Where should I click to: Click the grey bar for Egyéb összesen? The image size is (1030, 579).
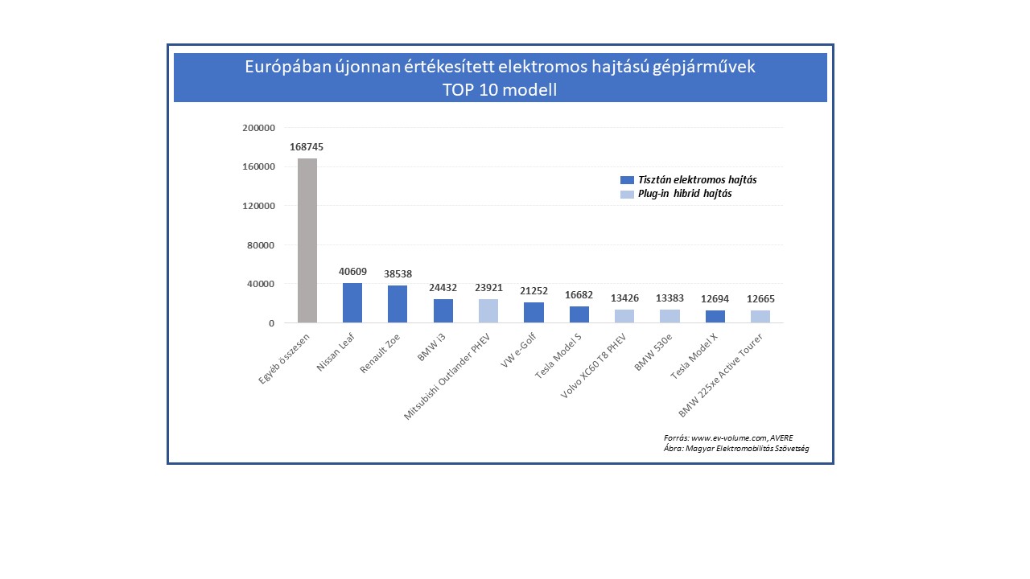tap(307, 240)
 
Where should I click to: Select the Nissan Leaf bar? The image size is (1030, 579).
tap(352, 303)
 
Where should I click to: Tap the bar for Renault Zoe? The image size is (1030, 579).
tap(398, 304)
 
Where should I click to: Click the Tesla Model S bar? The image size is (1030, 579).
tap(579, 314)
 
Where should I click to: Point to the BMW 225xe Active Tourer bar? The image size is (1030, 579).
tap(760, 317)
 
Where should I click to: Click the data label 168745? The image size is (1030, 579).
tap(307, 147)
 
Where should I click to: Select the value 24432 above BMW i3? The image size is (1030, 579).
tap(443, 287)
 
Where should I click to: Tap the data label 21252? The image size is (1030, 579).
tap(534, 290)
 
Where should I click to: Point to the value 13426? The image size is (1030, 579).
tap(624, 298)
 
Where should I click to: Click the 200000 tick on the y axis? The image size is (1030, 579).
tap(258, 128)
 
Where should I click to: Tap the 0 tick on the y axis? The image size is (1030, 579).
tap(271, 323)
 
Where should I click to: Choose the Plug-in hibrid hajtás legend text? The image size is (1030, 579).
tap(685, 194)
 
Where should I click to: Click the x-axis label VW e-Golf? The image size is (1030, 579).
tap(520, 351)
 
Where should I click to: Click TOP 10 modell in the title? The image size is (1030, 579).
tap(500, 90)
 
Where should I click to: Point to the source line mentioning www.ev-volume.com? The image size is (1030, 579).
tap(728, 437)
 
